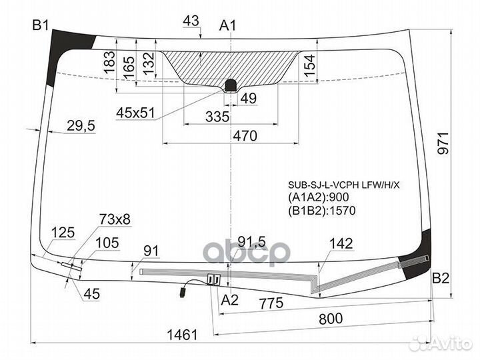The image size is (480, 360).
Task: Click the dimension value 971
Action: pyautogui.click(x=443, y=143)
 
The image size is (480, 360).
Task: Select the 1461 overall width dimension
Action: pyautogui.click(x=183, y=335)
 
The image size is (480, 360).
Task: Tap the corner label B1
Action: pyautogui.click(x=41, y=25)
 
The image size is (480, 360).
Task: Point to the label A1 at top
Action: pyautogui.click(x=228, y=25)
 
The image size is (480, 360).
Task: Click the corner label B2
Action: pyautogui.click(x=441, y=278)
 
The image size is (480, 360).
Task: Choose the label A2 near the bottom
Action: pyautogui.click(x=230, y=300)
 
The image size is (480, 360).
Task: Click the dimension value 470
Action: pyautogui.click(x=245, y=135)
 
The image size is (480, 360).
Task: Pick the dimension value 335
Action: pyautogui.click(x=217, y=117)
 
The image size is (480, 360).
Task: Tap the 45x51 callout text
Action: pyautogui.click(x=135, y=113)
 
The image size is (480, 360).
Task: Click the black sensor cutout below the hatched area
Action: pyautogui.click(x=231, y=86)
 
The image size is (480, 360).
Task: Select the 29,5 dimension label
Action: pyautogui.click(x=81, y=126)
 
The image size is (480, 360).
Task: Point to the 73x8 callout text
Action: pyautogui.click(x=115, y=219)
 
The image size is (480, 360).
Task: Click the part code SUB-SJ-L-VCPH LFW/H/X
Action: pyautogui.click(x=344, y=185)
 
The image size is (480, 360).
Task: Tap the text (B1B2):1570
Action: pyautogui.click(x=322, y=210)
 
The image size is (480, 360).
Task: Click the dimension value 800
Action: pyautogui.click(x=331, y=319)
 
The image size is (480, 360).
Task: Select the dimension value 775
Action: pyautogui.click(x=271, y=303)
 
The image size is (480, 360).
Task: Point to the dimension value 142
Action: pyautogui.click(x=341, y=244)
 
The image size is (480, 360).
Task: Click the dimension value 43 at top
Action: pyautogui.click(x=191, y=21)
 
